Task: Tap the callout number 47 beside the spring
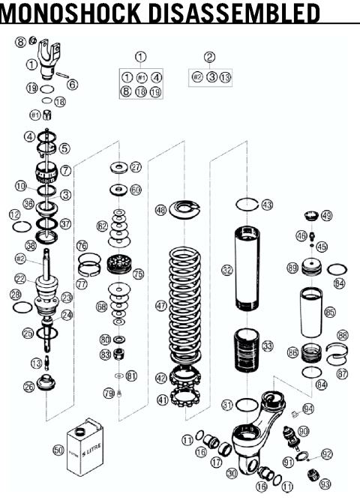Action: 160,306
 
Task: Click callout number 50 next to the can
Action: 58,450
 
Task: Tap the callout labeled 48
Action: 160,211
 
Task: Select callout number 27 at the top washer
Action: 136,166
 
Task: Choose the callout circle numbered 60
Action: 136,190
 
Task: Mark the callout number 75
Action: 137,274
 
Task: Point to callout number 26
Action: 28,387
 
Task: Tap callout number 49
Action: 326,216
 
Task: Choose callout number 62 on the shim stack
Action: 102,226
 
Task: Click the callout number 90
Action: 304,432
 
